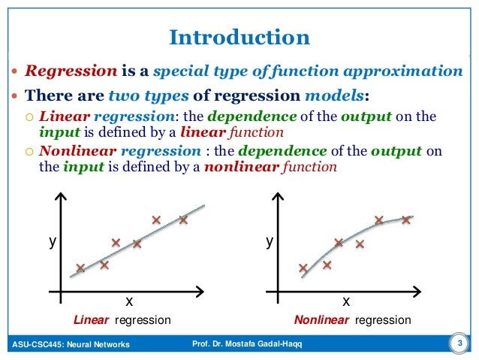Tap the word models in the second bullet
(x=336, y=95)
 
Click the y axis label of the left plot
(x=53, y=242)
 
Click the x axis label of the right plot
(x=346, y=301)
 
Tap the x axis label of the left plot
(x=128, y=301)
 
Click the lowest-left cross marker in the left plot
(x=80, y=268)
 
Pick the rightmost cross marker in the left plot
(x=183, y=220)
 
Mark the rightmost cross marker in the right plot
(x=406, y=220)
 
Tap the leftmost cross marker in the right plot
(x=303, y=268)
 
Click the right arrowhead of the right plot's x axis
(x=423, y=290)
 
